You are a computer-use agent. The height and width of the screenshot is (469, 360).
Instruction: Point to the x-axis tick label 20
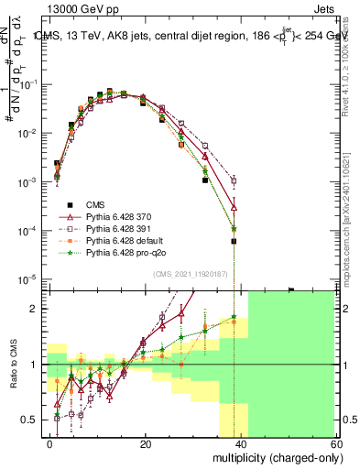coord(146,443)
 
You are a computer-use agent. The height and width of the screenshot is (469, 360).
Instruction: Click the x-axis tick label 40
coord(241,443)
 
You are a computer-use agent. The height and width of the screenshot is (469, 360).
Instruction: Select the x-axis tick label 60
coord(336,443)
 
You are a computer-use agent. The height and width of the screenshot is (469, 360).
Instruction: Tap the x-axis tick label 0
coord(50,443)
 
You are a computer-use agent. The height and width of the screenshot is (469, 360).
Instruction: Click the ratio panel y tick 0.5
coord(34,420)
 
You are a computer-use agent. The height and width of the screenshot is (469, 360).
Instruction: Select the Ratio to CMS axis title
coord(14,365)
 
